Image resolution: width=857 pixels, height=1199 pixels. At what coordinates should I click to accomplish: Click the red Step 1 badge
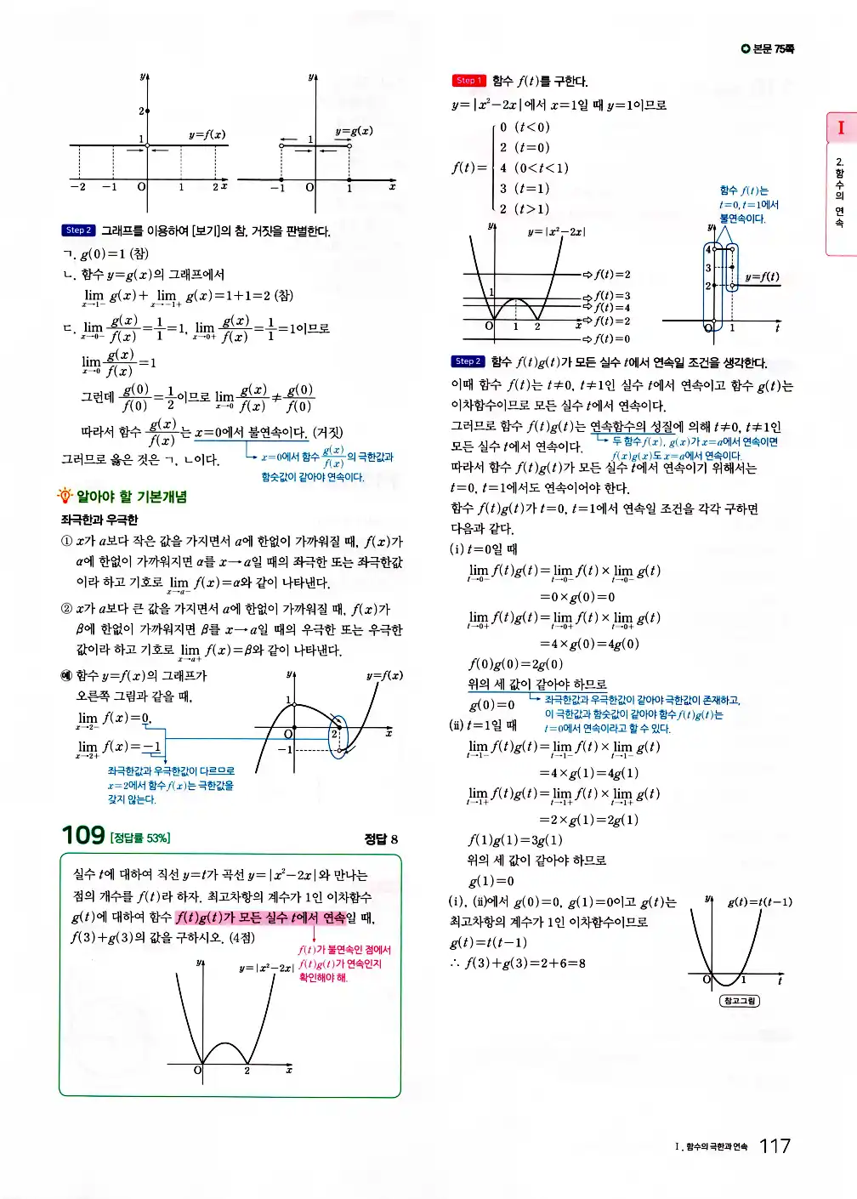coord(468,81)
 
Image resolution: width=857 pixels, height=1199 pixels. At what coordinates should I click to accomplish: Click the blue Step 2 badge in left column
coord(78,230)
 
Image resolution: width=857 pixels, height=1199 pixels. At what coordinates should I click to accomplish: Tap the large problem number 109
coord(83,835)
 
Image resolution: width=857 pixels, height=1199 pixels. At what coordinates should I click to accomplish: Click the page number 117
coord(775,1146)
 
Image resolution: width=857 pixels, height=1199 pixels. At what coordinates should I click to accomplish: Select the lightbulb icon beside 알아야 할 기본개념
coord(65,496)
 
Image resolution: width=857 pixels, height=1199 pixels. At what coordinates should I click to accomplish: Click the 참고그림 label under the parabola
coord(739,1001)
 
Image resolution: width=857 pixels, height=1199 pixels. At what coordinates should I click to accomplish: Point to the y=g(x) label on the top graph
coord(354,131)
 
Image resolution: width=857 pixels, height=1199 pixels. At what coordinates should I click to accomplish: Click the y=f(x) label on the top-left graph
coord(207,134)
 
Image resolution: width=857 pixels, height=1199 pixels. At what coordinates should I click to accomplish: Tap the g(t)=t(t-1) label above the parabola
coord(759,901)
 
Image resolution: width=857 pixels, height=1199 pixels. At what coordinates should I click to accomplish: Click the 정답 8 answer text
coord(381,839)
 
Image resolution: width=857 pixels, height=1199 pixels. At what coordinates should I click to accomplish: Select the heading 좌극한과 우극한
coord(99,520)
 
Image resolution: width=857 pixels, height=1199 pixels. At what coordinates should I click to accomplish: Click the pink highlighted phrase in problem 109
coord(260,918)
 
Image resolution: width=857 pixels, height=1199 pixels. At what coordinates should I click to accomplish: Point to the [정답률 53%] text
coord(139,838)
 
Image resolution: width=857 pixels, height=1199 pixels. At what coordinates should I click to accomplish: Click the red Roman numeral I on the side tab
coord(841,128)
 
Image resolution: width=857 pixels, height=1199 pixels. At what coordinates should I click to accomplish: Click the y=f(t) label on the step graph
coord(762,276)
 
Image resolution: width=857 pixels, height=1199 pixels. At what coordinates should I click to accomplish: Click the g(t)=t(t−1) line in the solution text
coord(488,942)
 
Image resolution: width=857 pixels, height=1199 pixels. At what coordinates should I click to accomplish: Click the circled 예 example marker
coord(66,675)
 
